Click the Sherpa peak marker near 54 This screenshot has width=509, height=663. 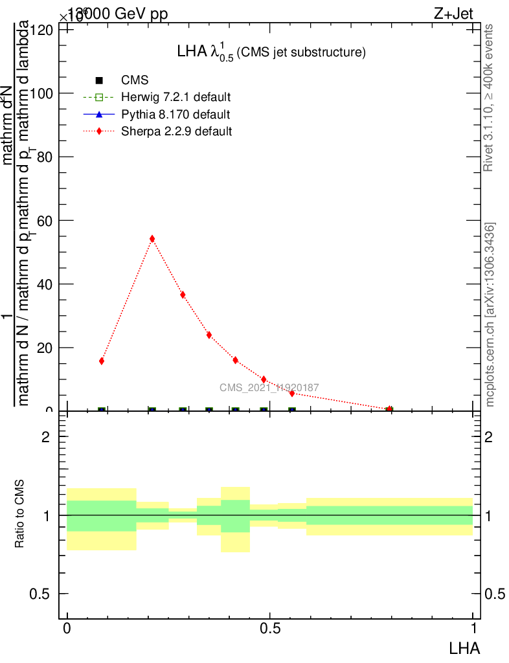point(152,239)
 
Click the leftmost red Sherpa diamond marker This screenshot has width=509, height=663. point(102,361)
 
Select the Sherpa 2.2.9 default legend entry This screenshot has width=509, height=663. point(176,131)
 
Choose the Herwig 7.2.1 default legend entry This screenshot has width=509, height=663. point(175,98)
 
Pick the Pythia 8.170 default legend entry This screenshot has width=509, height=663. point(175,115)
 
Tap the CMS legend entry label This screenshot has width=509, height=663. point(135,81)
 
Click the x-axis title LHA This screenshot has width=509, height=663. point(464,647)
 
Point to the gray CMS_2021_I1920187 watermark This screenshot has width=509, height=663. point(269,388)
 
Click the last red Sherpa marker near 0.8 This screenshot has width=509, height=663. point(389,409)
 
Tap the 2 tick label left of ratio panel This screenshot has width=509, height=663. point(45,436)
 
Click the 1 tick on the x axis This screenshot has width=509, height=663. point(473,629)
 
